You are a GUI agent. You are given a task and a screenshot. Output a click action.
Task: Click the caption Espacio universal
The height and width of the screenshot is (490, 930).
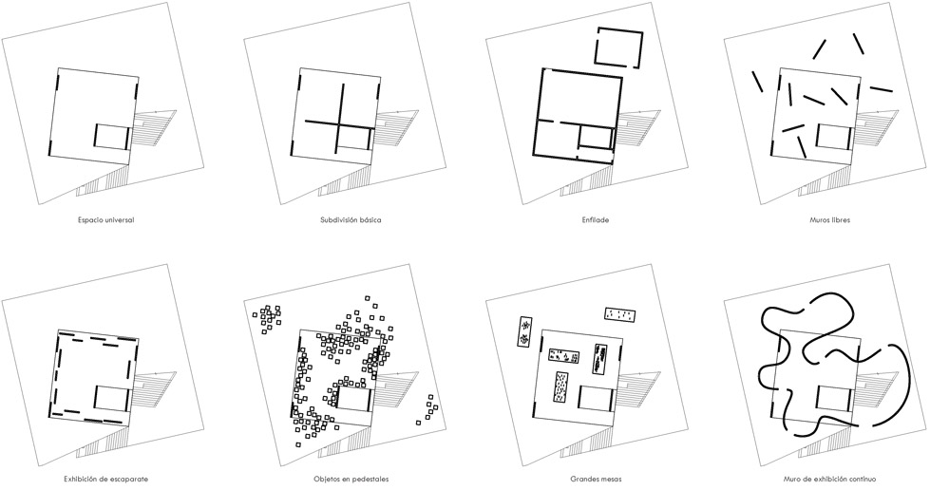click(x=105, y=220)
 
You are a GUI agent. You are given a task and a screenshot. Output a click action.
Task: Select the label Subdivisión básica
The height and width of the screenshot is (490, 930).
click(x=350, y=220)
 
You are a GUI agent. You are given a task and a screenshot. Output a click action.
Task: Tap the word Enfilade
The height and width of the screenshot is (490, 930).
click(x=595, y=220)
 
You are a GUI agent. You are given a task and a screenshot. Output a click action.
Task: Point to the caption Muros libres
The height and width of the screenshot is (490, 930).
click(x=829, y=220)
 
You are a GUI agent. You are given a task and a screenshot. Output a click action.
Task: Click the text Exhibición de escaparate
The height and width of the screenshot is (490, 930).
click(x=105, y=479)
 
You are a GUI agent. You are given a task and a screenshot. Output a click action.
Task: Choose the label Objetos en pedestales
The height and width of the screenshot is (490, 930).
click(x=351, y=479)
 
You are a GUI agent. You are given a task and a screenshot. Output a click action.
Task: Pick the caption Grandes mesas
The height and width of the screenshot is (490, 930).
click(x=596, y=479)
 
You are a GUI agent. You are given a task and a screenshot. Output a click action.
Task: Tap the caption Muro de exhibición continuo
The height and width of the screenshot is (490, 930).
click(x=828, y=479)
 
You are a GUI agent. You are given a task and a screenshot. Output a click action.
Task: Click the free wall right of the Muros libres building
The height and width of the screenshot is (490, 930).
click(x=881, y=89)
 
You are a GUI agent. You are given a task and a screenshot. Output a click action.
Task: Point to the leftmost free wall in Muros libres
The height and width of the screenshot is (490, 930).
click(x=757, y=82)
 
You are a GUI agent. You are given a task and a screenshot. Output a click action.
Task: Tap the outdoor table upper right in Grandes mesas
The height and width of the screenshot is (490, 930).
click(x=620, y=314)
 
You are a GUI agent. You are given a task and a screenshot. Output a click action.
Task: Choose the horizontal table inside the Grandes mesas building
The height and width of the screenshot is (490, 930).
click(x=564, y=356)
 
